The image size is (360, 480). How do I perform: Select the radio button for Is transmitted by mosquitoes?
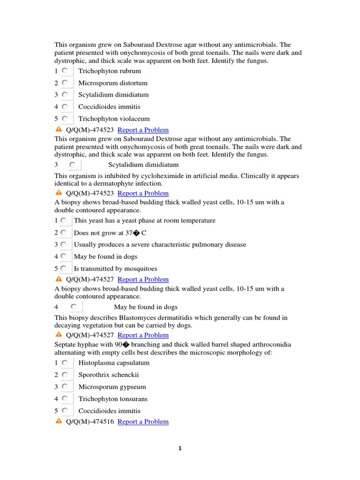(63, 269)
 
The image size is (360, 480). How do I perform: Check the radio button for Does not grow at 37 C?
(63, 232)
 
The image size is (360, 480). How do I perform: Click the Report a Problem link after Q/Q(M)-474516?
(143, 421)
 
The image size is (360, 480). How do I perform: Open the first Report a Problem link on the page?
(143, 130)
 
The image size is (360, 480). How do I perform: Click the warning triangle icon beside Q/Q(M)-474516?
(59, 421)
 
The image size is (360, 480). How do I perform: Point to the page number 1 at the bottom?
(180, 449)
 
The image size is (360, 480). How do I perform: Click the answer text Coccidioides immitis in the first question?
(109, 107)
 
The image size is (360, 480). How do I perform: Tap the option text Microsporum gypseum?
(112, 387)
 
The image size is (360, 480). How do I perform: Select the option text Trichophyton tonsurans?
(112, 399)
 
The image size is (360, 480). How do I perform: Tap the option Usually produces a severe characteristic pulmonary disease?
(160, 245)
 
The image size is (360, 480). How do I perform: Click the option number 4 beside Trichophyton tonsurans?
(56, 399)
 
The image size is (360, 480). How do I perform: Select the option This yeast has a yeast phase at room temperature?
(144, 221)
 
